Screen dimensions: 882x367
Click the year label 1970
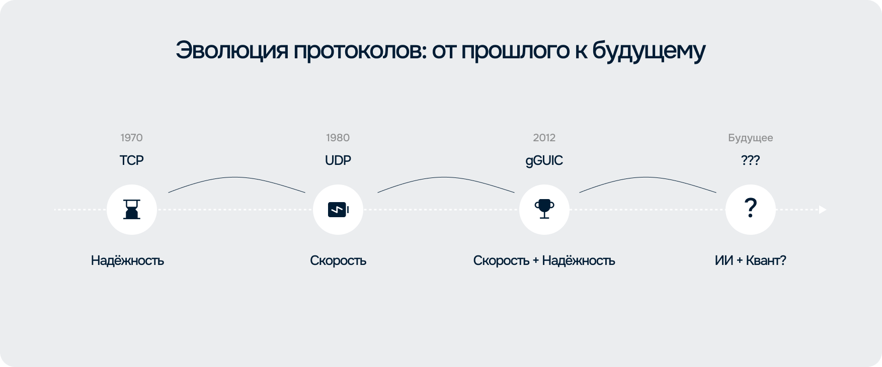(x=131, y=138)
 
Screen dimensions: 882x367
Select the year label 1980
(x=338, y=138)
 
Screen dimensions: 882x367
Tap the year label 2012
(x=544, y=138)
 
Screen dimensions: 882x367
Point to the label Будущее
(x=750, y=138)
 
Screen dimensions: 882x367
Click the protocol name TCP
(x=131, y=160)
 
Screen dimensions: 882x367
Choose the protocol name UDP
(x=338, y=160)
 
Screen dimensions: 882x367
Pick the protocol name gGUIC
(x=544, y=161)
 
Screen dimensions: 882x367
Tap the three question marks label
(x=750, y=160)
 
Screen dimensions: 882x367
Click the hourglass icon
(x=132, y=209)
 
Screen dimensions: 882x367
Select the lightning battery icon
(x=338, y=210)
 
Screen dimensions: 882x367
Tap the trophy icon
(x=544, y=209)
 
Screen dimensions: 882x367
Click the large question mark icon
(x=750, y=208)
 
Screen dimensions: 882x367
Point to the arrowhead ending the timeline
(x=823, y=210)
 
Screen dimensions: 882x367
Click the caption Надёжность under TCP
(x=127, y=260)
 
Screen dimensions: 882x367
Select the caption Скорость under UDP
(x=338, y=260)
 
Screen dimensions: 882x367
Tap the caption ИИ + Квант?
(x=750, y=260)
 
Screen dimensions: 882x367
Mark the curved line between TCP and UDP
(x=236, y=177)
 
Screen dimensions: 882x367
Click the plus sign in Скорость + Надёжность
(x=535, y=261)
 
